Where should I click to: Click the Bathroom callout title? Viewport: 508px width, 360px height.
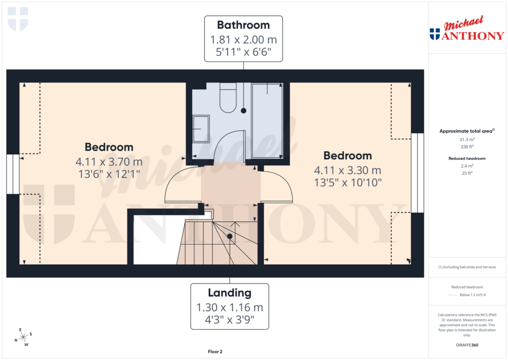pyautogui.click(x=243, y=25)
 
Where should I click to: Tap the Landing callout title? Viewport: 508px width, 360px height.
pyautogui.click(x=230, y=293)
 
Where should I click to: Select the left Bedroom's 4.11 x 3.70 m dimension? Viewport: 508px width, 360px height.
pyautogui.click(x=109, y=162)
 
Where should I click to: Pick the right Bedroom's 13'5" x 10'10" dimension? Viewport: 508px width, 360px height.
pyautogui.click(x=348, y=182)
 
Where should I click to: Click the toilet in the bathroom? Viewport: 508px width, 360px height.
pyautogui.click(x=229, y=99)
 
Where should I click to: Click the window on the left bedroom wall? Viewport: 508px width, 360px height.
pyautogui.click(x=13, y=174)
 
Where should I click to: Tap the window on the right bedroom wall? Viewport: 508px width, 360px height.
pyautogui.click(x=418, y=172)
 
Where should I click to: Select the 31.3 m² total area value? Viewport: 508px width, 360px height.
pyautogui.click(x=466, y=140)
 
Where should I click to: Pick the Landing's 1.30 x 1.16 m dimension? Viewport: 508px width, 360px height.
pyautogui.click(x=230, y=307)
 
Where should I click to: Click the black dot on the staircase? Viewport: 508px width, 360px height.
pyautogui.click(x=230, y=236)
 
